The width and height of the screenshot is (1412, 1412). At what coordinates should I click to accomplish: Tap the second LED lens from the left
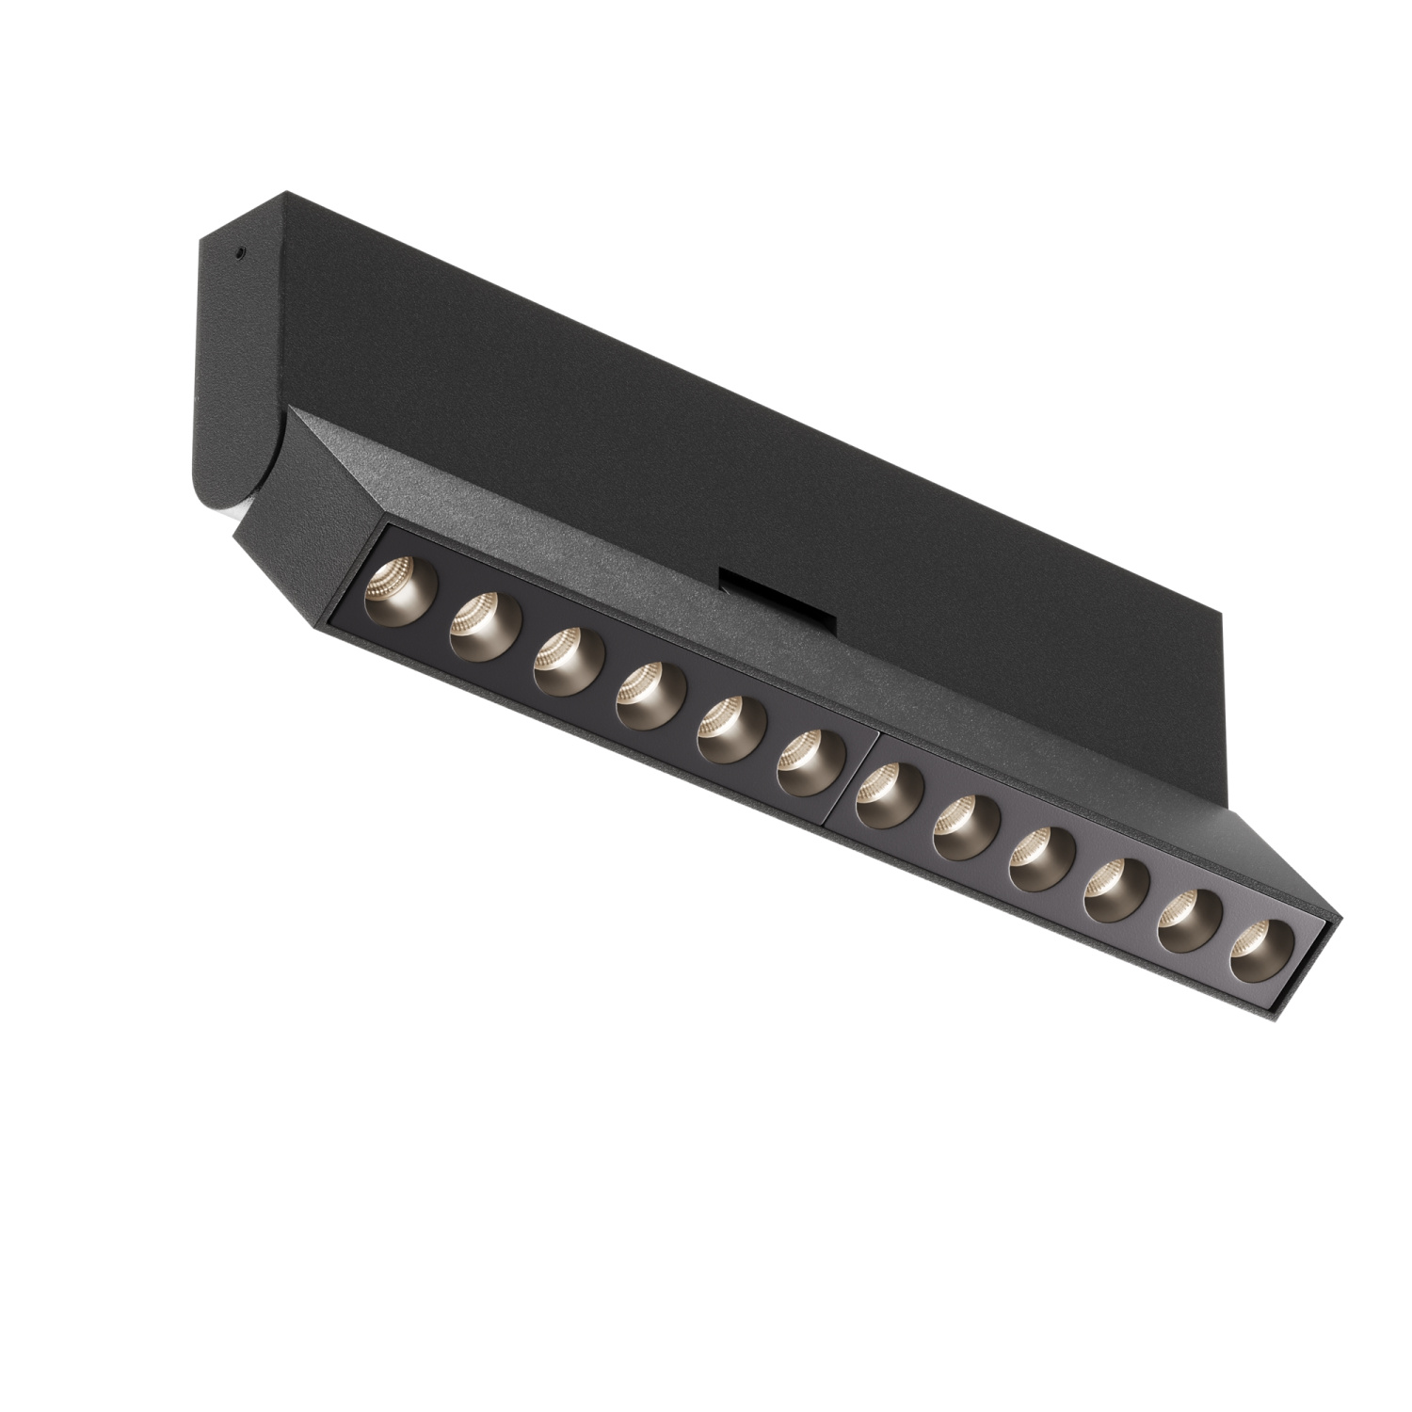pos(480,626)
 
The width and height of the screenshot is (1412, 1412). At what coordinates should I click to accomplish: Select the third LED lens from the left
pos(565,662)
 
